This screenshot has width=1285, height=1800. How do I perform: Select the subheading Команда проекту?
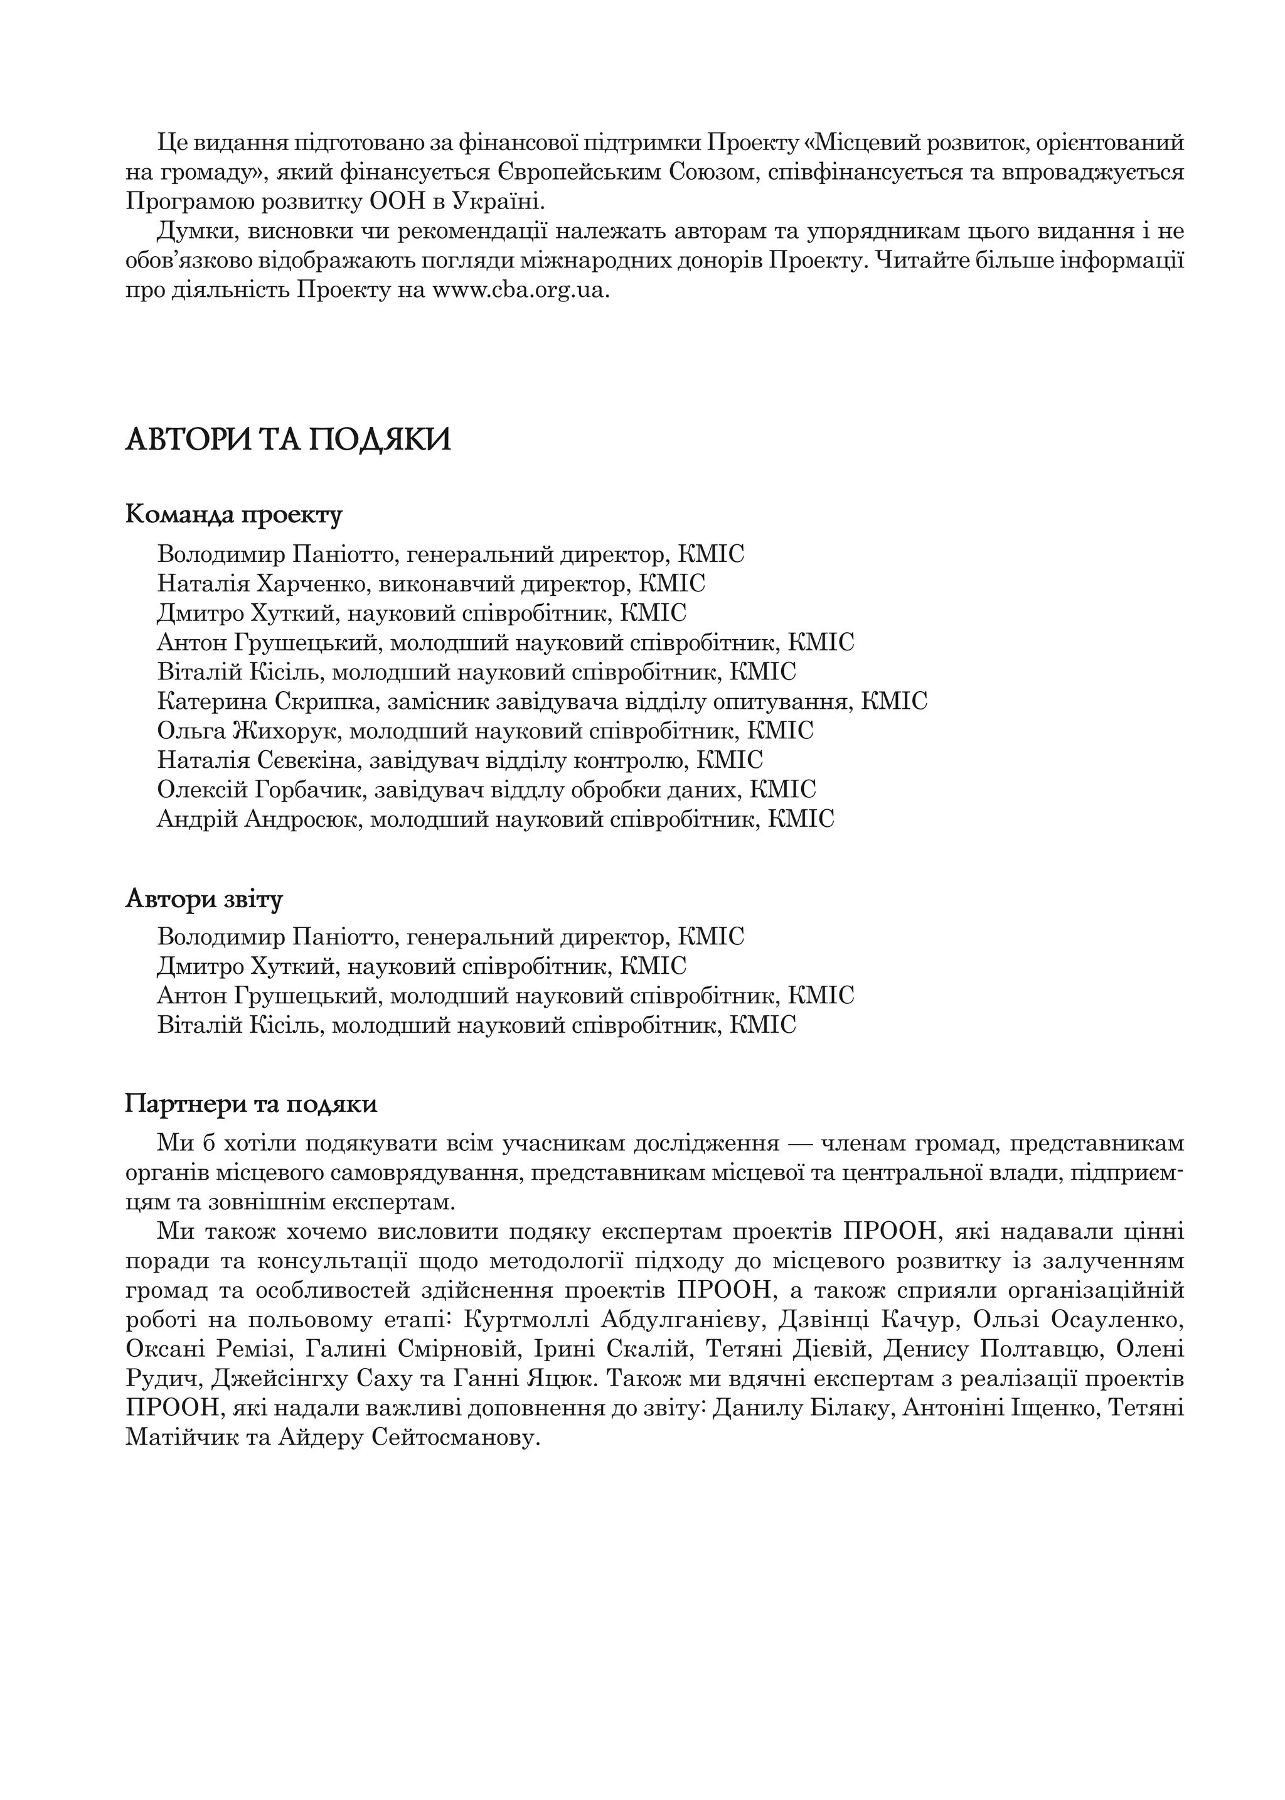coord(233,515)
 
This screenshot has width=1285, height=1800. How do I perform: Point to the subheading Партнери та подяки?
coord(251,1104)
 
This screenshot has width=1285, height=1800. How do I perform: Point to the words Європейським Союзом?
coord(630,173)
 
